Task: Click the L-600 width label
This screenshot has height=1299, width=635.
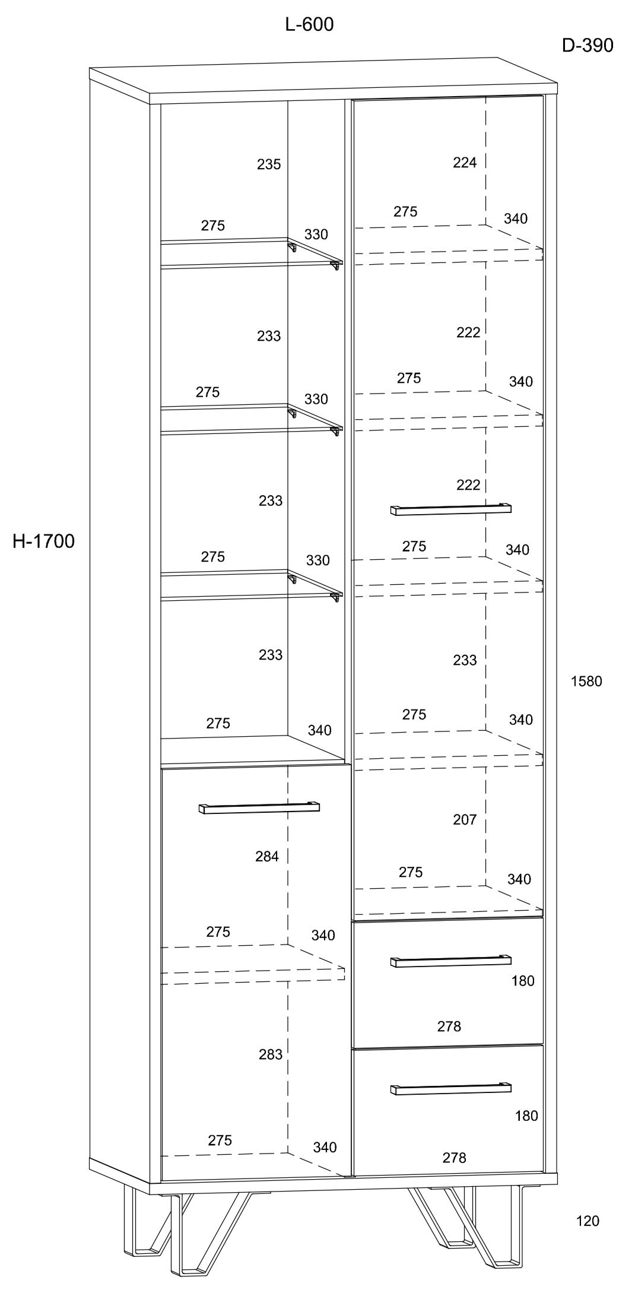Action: tap(309, 24)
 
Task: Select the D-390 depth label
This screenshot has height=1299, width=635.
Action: tap(587, 45)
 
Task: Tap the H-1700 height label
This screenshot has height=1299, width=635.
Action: tap(44, 541)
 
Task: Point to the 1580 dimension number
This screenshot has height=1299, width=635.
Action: tap(586, 681)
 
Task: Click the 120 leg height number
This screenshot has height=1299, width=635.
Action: tap(588, 1221)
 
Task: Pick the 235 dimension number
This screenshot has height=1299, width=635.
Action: tap(268, 164)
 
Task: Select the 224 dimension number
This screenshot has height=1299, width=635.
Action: tap(465, 163)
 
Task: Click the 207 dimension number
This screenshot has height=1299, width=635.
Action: tap(465, 819)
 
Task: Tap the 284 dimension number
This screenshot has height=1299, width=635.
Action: tap(267, 856)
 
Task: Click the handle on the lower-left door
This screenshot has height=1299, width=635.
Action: tap(259, 807)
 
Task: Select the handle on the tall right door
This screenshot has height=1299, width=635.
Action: tap(450, 509)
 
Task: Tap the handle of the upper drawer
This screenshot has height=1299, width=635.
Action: tap(450, 961)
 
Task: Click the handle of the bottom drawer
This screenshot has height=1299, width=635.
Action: tap(450, 1088)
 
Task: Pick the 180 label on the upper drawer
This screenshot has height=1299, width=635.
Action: tap(523, 981)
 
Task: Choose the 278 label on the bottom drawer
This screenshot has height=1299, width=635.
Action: tap(454, 1157)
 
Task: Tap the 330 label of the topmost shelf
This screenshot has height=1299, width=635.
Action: tap(316, 235)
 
